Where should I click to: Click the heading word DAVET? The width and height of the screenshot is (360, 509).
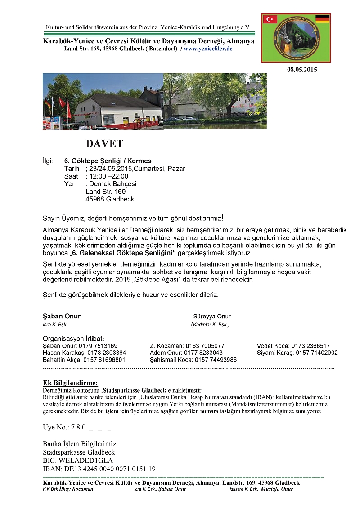tap(104, 144)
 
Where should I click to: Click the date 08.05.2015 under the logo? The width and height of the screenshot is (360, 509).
tap(302, 70)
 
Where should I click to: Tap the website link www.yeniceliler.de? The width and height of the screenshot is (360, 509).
tap(208, 49)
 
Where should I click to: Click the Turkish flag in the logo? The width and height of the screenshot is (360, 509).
tap(270, 19)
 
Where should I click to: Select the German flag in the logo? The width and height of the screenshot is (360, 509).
tap(322, 19)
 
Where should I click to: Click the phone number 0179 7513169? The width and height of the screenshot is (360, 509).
tap(98, 346)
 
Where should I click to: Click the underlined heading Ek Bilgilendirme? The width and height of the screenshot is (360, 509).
tap(70, 383)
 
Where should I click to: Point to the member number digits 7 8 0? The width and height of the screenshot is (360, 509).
tap(76, 427)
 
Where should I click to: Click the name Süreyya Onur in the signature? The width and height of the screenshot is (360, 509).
tap(211, 316)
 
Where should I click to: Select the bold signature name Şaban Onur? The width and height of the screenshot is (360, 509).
tap(62, 316)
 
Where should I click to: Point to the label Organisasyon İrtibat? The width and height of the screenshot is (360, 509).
tap(73, 339)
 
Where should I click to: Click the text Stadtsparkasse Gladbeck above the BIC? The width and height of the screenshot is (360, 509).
tap(79, 452)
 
